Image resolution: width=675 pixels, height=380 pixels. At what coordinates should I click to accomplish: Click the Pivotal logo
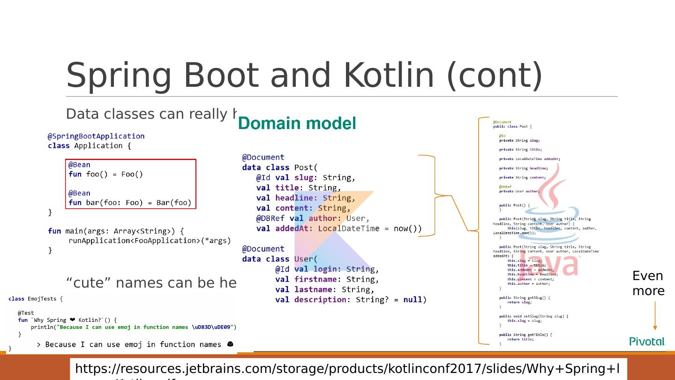point(647,342)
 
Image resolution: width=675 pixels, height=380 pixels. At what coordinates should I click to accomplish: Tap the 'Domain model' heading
point(297,124)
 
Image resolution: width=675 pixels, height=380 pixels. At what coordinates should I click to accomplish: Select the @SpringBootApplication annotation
point(96,136)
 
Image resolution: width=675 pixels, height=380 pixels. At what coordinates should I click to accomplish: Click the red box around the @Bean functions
point(130,160)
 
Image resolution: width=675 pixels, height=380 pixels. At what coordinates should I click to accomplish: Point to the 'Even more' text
point(648,283)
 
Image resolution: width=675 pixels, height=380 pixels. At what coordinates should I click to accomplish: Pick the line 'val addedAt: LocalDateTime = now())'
point(338,228)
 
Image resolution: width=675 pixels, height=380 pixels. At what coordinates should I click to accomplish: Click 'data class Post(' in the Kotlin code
point(280,167)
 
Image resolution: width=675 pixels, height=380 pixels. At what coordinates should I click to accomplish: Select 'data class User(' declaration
point(280,259)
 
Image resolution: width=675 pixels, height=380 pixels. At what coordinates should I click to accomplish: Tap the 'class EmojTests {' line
point(35,298)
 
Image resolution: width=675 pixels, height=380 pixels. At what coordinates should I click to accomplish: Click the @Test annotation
point(26,313)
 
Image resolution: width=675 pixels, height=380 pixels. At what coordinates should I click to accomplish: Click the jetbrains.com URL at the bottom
point(347,369)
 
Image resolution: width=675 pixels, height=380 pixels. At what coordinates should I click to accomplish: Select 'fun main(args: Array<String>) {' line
point(116,231)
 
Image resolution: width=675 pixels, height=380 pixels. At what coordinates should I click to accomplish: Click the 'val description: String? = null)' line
point(351,300)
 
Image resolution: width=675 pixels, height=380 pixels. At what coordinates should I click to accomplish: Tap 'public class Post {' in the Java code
point(512,126)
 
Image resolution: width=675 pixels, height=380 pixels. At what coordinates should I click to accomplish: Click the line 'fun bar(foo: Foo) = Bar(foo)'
point(130,203)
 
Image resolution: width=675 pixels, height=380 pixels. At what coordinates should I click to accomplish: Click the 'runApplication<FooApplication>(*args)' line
point(150,241)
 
